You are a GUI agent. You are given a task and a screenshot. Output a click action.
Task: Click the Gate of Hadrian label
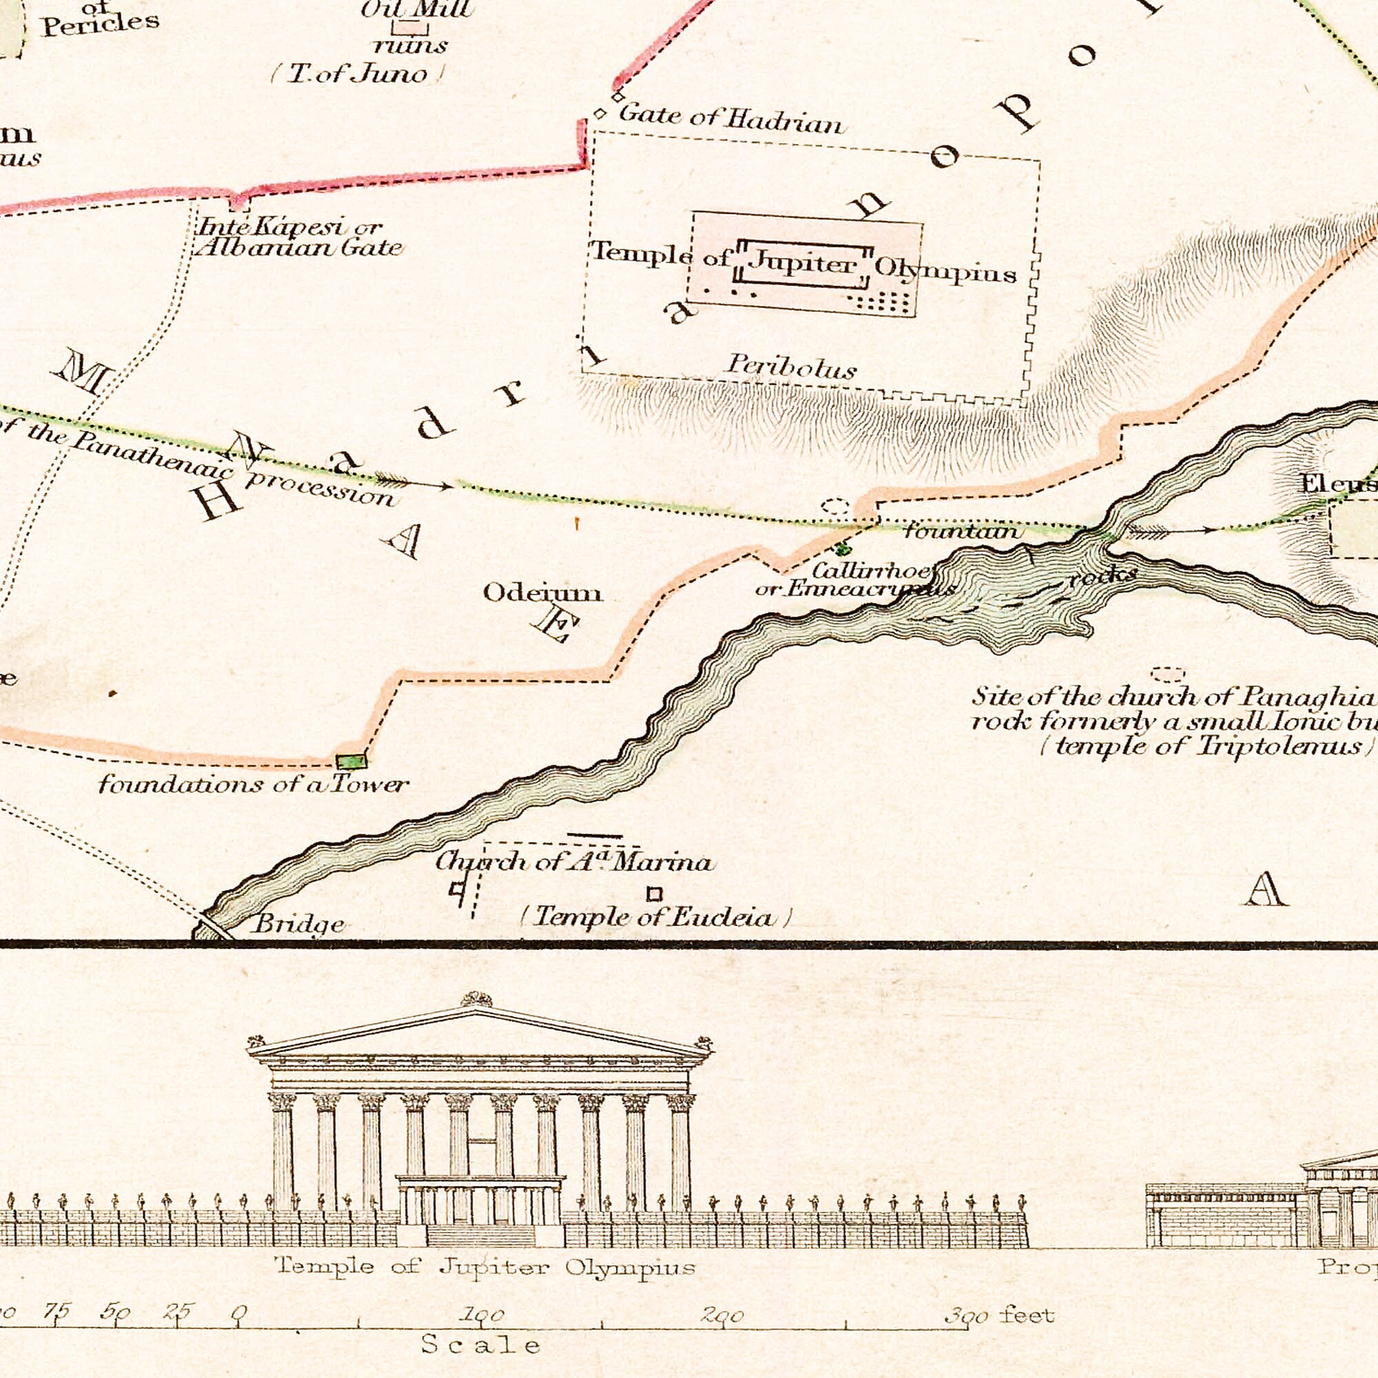click(x=730, y=120)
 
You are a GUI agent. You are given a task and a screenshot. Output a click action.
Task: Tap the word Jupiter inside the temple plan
click(x=804, y=264)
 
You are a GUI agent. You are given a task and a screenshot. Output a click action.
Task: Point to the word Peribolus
click(x=791, y=367)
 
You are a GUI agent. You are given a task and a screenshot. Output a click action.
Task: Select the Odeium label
click(x=542, y=592)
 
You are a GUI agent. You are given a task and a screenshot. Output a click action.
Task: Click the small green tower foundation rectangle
click(x=351, y=761)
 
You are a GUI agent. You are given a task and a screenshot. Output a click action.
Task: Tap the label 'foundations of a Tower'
click(x=253, y=785)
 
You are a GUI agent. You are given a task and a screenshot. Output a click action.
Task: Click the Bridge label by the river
click(x=298, y=925)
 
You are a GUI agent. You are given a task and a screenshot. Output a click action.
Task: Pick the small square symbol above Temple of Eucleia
click(x=654, y=894)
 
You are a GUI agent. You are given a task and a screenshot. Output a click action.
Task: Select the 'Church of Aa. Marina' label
click(x=574, y=863)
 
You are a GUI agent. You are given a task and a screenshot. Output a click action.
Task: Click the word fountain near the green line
click(x=963, y=531)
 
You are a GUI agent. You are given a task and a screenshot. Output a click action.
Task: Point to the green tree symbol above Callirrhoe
click(x=843, y=548)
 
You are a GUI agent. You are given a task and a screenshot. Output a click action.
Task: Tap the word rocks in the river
click(x=1102, y=576)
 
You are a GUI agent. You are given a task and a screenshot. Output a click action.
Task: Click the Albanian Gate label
click(x=300, y=248)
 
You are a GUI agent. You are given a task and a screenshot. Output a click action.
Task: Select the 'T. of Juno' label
click(x=359, y=74)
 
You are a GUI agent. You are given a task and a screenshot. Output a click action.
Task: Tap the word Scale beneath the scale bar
click(x=481, y=1344)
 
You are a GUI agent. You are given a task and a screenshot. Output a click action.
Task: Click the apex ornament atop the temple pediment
click(x=475, y=999)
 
